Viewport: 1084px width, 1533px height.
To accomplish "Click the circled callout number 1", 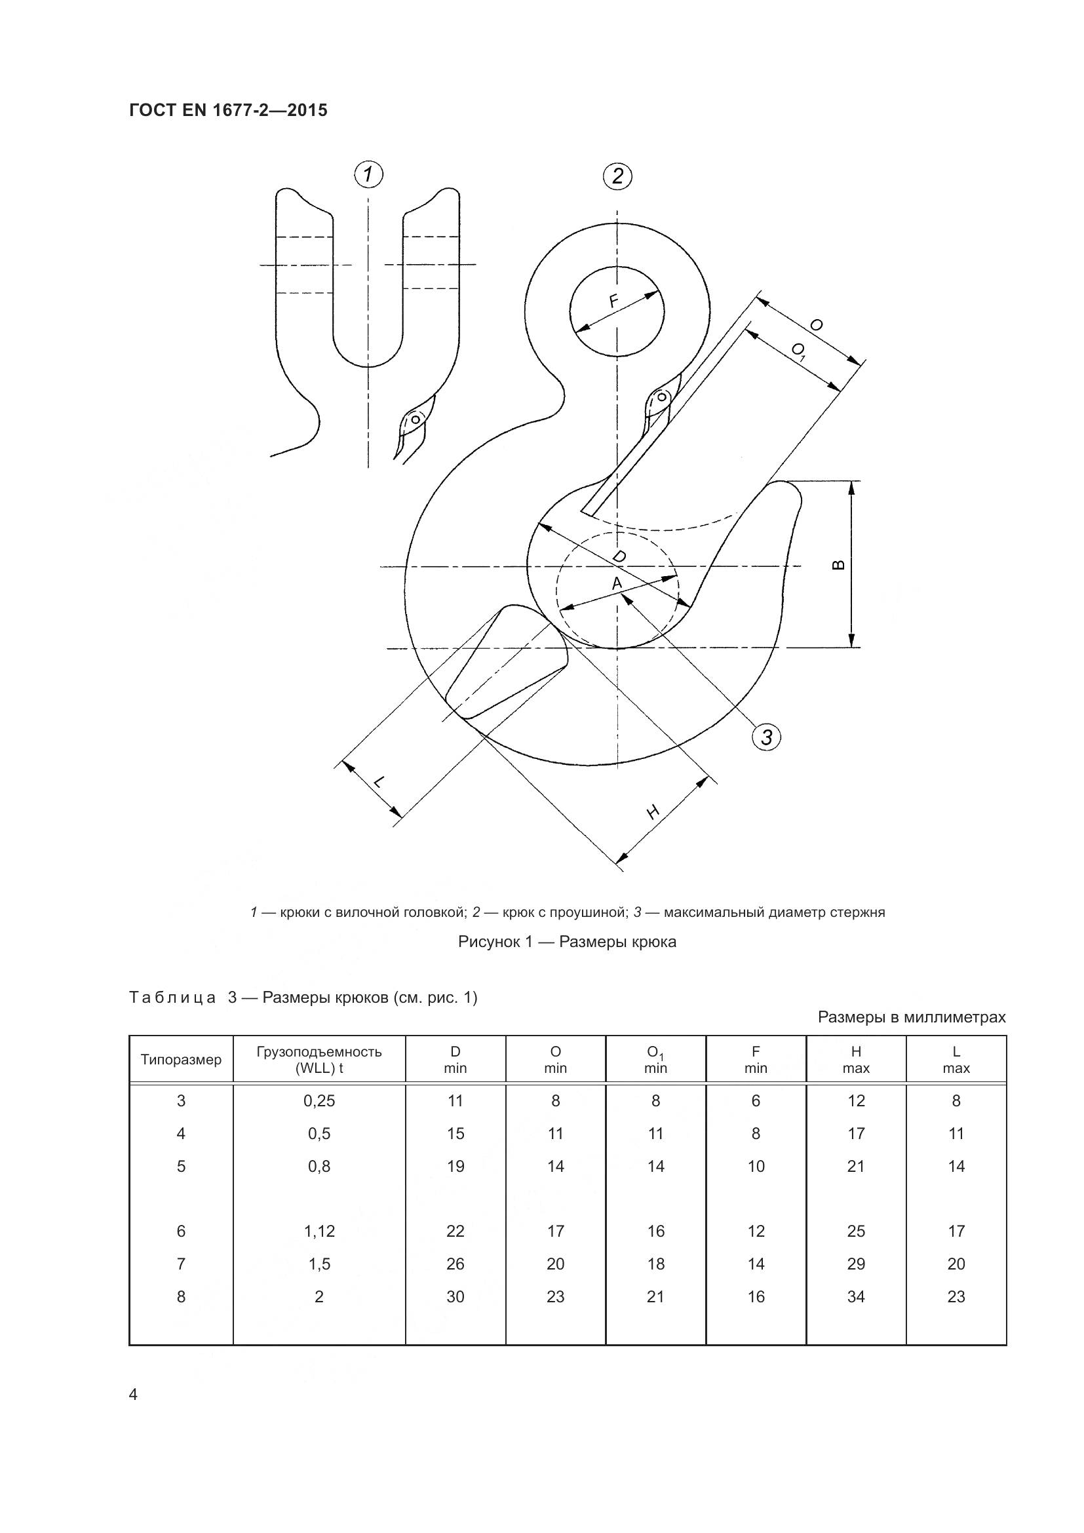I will pyautogui.click(x=368, y=175).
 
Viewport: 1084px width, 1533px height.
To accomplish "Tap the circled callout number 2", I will pyautogui.click(x=617, y=176).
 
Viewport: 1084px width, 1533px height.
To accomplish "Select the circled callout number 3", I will pyautogui.click(x=765, y=737).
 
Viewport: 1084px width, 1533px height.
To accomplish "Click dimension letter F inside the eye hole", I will pyautogui.click(x=614, y=301).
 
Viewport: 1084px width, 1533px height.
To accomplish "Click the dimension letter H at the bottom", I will pyautogui.click(x=653, y=813).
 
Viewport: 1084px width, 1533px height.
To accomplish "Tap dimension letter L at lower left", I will pyautogui.click(x=378, y=781).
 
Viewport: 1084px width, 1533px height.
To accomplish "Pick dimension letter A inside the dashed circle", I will pyautogui.click(x=617, y=583).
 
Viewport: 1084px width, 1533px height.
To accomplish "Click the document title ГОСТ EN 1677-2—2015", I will pyautogui.click(x=228, y=111).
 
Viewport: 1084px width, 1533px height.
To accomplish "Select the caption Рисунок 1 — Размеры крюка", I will pyautogui.click(x=567, y=942).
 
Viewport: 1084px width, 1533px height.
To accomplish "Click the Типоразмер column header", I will pyautogui.click(x=181, y=1060).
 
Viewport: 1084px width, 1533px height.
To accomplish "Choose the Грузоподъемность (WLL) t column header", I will pyautogui.click(x=319, y=1060).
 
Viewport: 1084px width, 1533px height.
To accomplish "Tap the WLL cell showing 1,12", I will pyautogui.click(x=319, y=1231).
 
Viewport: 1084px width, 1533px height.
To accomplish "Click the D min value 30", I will pyautogui.click(x=455, y=1296).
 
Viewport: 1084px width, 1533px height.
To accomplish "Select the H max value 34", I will pyautogui.click(x=856, y=1296).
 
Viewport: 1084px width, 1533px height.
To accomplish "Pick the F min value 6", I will pyautogui.click(x=756, y=1100).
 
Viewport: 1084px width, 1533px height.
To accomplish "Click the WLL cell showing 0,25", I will pyautogui.click(x=319, y=1100).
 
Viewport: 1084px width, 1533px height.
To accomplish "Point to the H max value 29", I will pyautogui.click(x=856, y=1263).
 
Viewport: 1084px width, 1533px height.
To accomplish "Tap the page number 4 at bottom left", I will pyautogui.click(x=133, y=1394).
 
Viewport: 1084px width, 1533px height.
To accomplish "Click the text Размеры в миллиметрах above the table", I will pyautogui.click(x=911, y=1018).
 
